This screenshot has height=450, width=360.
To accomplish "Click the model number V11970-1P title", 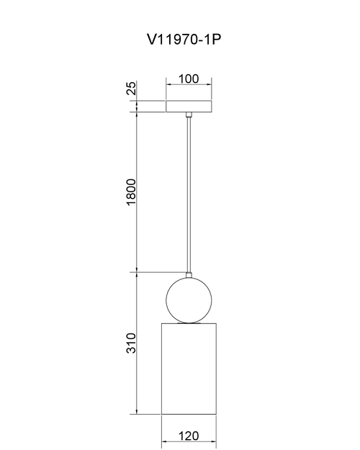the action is (184, 40).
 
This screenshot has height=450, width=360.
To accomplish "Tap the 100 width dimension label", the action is (189, 78).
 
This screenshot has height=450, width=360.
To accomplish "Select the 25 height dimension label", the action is (131, 89).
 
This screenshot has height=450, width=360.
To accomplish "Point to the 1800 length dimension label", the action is (131, 192).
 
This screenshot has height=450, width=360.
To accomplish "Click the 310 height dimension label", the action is (131, 343).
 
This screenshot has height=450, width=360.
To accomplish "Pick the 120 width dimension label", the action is (189, 436).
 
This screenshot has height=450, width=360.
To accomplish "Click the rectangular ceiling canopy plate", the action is (189, 106).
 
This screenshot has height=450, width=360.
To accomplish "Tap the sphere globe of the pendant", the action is (189, 300).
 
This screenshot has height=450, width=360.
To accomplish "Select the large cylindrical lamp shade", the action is (189, 369).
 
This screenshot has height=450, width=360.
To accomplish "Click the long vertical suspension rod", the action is (189, 195).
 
